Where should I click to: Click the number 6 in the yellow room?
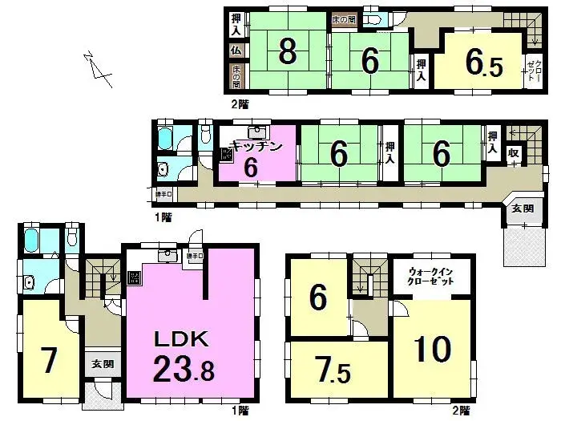[x=318, y=298]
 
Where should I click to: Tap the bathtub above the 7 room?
[x=34, y=240]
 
